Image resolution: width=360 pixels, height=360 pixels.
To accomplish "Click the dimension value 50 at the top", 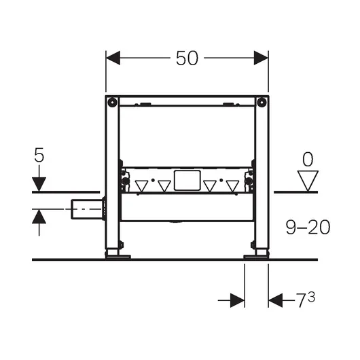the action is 187,58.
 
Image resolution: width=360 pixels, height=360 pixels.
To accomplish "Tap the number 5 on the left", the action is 39,155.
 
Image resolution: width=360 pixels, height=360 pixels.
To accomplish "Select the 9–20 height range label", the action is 308,227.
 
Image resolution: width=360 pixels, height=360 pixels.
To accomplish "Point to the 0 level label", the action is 308,160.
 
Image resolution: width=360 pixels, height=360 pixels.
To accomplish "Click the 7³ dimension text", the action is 305,300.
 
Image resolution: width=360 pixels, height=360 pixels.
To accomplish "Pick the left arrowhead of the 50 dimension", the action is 113,58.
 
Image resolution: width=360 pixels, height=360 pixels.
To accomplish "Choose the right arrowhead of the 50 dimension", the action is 261,58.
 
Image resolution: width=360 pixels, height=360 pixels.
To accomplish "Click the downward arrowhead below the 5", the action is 39,184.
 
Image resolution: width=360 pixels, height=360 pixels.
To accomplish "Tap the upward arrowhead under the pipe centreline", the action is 39,216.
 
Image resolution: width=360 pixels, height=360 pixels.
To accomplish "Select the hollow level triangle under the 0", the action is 308,181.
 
